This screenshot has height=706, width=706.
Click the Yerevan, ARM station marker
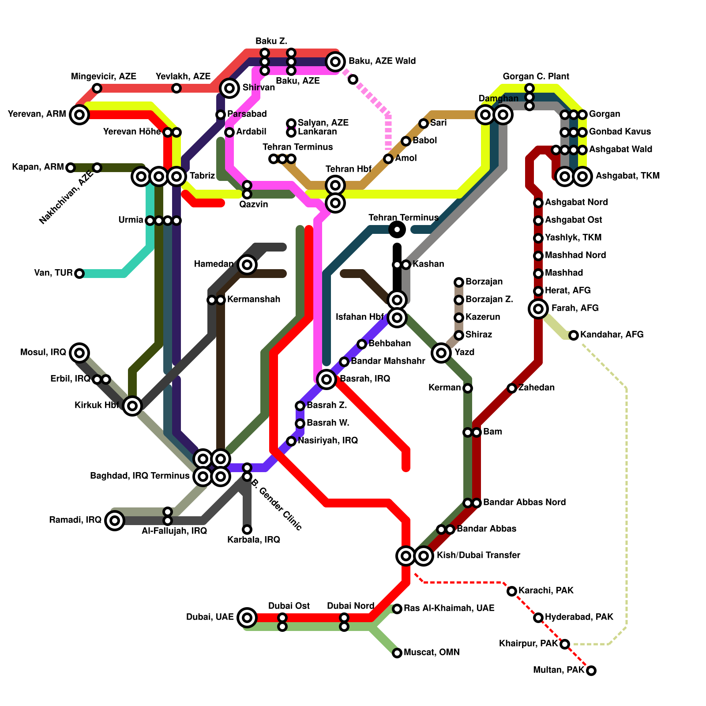79,115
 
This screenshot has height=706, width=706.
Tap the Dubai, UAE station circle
247,617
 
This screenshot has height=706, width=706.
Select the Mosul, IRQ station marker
79,353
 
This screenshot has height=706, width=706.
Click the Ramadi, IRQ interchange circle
115,521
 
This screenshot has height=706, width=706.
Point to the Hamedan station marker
247,265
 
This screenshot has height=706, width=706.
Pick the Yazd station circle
441,353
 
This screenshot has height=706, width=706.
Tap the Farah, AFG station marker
538,308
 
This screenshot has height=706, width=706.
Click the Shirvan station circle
229,88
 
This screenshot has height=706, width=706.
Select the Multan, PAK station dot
591,671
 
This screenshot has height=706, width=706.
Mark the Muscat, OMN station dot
397,653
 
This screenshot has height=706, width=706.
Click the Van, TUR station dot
79,274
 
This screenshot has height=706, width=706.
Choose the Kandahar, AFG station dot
574,335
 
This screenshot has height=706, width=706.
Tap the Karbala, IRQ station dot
247,529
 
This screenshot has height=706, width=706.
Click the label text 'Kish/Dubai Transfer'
478,555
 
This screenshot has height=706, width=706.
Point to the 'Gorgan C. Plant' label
536,76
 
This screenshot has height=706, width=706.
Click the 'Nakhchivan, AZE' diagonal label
66,197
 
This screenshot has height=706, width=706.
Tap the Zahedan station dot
512,388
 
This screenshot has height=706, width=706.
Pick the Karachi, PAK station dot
512,591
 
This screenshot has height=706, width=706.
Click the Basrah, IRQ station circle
327,379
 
